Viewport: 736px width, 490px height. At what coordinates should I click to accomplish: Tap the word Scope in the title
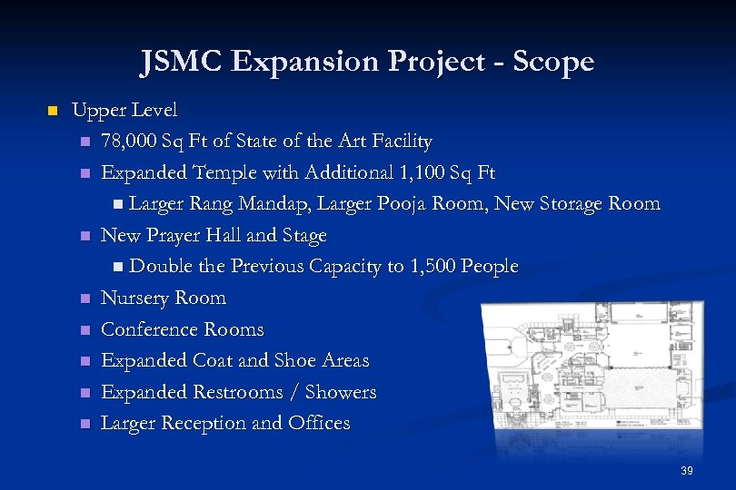pos(553,62)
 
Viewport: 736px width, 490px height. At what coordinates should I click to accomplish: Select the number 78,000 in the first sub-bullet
pos(129,142)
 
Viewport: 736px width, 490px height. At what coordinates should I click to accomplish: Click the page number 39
pos(686,471)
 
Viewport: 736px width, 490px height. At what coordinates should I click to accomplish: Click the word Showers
pos(342,392)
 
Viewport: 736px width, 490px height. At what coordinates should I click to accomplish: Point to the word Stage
pos(303,235)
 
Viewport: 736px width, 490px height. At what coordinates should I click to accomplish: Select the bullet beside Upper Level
pos(52,111)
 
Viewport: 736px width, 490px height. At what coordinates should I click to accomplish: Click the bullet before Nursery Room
pos(85,299)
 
